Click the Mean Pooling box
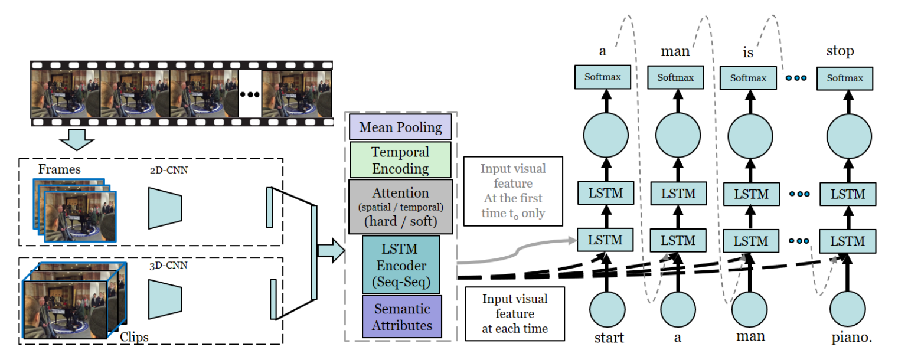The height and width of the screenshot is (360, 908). [x=400, y=127]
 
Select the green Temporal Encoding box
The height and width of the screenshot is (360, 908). [x=400, y=160]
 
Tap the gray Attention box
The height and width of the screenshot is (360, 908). [x=400, y=207]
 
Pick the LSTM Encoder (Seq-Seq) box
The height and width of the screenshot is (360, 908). [x=401, y=264]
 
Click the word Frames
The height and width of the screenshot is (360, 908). [x=60, y=170]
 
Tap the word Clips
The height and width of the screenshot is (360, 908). [x=133, y=337]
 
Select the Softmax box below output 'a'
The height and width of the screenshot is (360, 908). [x=603, y=77]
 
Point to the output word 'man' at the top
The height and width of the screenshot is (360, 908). [x=675, y=52]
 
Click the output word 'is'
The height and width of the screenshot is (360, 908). [x=748, y=53]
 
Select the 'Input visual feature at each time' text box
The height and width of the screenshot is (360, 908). [x=514, y=313]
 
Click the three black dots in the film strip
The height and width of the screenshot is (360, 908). [x=250, y=94]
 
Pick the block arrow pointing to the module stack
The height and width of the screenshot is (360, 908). [x=331, y=250]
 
